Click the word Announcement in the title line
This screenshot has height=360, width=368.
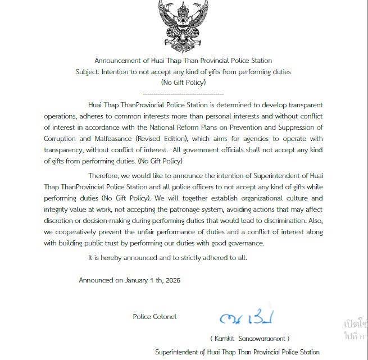pyautogui.click(x=116, y=61)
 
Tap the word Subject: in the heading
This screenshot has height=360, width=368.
pyautogui.click(x=88, y=72)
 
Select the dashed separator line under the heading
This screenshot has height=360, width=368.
pyautogui.click(x=183, y=93)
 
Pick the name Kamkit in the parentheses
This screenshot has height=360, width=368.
pyautogui.click(x=225, y=339)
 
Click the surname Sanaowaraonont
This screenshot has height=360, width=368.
pyautogui.click(x=263, y=339)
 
